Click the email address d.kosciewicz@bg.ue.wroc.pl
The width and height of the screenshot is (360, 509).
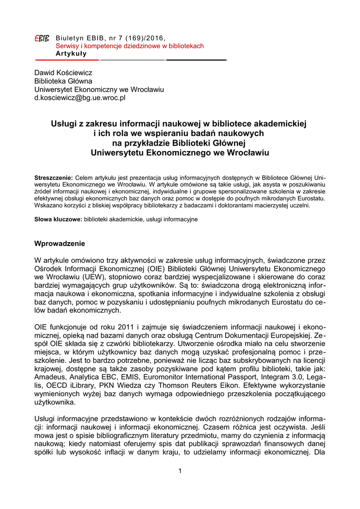coord(80,98)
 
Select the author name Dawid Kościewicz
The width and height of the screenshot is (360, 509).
coord(63,73)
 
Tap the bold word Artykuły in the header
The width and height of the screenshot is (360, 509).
coord(71,53)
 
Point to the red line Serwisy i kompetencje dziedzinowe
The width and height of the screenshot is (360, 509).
coord(129,46)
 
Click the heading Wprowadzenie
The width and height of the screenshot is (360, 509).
coord(60,244)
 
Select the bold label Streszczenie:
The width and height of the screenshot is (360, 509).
coord(53,177)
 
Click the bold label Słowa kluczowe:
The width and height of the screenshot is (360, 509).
coord(58,219)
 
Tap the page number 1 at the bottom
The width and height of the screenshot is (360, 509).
coord(180,471)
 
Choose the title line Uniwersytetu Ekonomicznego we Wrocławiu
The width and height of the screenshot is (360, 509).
coord(180,153)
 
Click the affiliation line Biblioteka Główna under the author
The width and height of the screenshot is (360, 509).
coord(63,81)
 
